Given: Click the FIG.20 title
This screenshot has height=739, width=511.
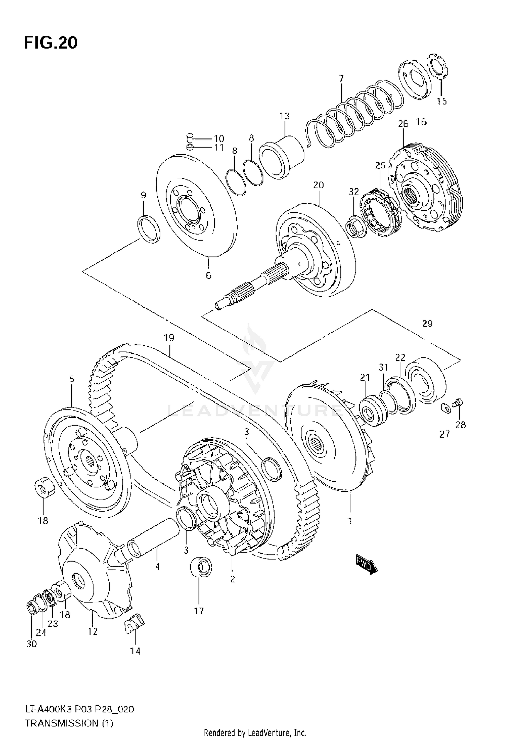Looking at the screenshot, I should click(x=51, y=43).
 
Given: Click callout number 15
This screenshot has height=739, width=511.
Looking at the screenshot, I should click(x=442, y=101).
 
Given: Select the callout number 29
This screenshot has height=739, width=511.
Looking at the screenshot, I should click(x=427, y=324).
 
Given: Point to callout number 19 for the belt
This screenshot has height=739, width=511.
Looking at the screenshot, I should click(x=169, y=338).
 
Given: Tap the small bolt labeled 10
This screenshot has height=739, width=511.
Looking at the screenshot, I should click(x=190, y=138).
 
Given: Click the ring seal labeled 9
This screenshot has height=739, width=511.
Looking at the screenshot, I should click(x=149, y=229).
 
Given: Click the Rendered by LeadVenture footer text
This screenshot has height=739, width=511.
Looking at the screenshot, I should click(x=255, y=733).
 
